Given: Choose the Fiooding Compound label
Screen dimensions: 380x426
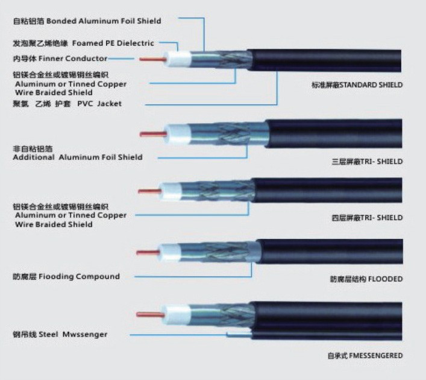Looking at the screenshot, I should click(66, 276).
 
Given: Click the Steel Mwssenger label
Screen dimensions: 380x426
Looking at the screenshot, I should click(60, 334).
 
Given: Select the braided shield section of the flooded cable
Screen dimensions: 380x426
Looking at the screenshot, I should click(211, 248).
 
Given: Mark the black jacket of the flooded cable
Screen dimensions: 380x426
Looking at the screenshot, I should click(331, 248).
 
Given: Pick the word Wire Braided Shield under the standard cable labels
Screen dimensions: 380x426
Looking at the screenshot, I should click(54, 93).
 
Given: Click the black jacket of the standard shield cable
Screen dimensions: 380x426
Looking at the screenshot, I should click(337, 60).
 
